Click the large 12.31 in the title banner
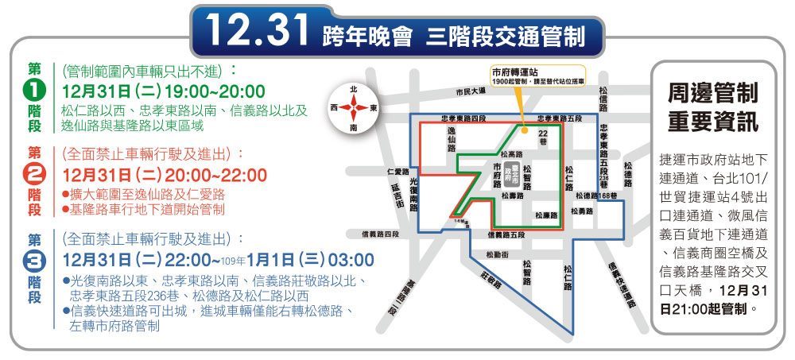(257, 31)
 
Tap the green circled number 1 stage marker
(35, 89)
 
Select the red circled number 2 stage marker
(35, 174)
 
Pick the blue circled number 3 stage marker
(35, 260)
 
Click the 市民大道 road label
(471, 91)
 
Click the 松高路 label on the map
(512, 153)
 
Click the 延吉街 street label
(397, 195)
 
